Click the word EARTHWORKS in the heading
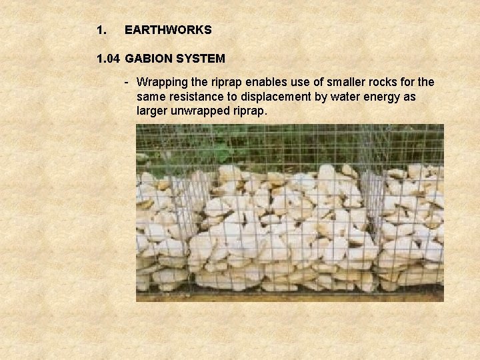tap(168, 30)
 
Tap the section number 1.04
tap(108, 59)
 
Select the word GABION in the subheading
tap(148, 59)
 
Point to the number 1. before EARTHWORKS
tap(101, 30)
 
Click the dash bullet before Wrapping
tap(126, 82)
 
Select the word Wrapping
tap(161, 83)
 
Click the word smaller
tap(342, 82)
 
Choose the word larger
tap(153, 111)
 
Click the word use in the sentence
tap(303, 82)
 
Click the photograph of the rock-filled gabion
tap(290, 213)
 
